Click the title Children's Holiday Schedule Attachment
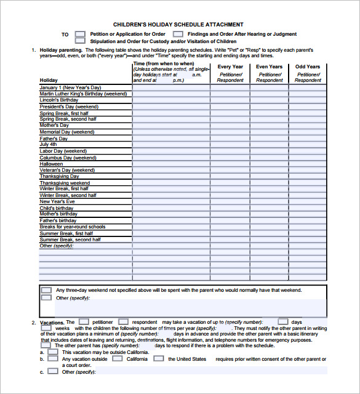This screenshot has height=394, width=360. [178, 25]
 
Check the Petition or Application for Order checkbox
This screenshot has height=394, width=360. [80, 34]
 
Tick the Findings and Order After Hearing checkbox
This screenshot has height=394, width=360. [178, 34]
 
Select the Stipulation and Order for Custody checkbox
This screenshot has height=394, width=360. [80, 41]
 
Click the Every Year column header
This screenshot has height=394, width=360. [230, 66]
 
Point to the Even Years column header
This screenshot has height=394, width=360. [269, 66]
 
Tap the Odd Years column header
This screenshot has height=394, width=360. [308, 66]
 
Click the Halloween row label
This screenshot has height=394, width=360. [52, 164]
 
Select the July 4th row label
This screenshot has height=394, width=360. [49, 145]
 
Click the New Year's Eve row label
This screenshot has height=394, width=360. [57, 201]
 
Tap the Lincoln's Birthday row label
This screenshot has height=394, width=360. [59, 100]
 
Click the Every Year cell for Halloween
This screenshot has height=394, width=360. [230, 164]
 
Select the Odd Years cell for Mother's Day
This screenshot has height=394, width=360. [308, 126]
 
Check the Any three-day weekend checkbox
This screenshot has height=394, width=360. [46, 289]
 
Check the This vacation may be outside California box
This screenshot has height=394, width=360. [53, 352]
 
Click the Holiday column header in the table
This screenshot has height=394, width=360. [49, 80]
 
